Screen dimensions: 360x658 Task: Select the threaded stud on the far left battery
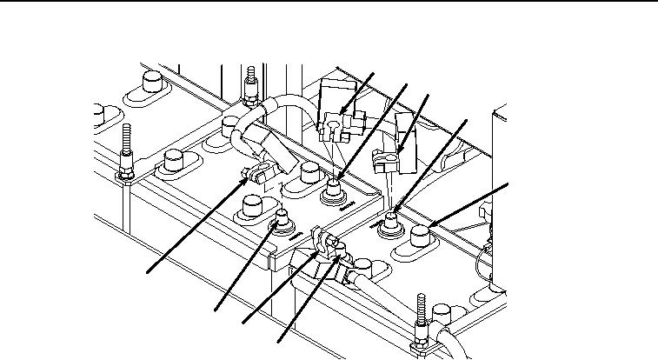tap(127, 148)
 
